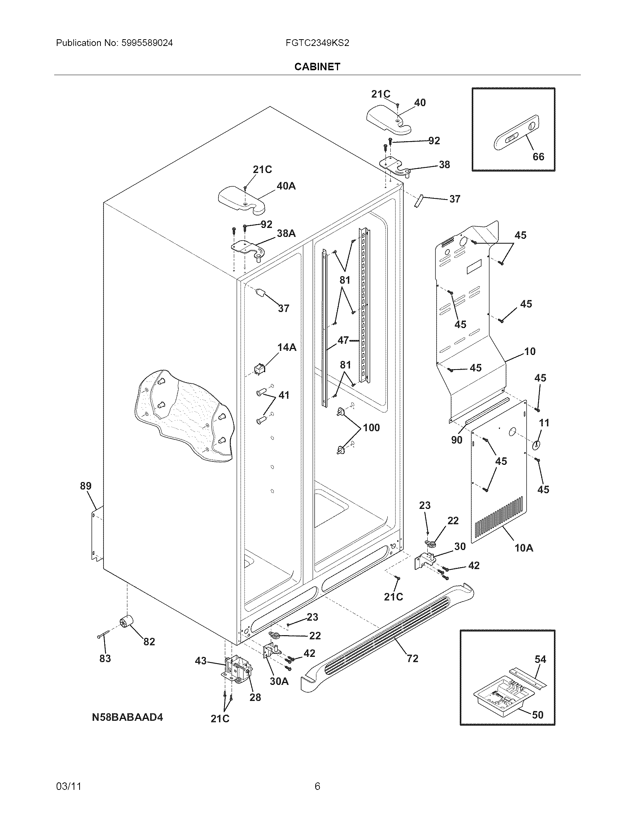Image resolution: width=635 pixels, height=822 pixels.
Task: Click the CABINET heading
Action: click(x=317, y=67)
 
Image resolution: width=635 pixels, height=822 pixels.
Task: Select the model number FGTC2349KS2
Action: click(x=317, y=43)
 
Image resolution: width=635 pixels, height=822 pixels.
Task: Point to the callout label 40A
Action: click(x=286, y=186)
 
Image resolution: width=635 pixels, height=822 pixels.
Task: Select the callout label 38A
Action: click(x=286, y=234)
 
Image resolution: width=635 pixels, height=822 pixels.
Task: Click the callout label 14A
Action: click(x=286, y=347)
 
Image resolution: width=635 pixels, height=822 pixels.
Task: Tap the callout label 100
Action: click(x=371, y=427)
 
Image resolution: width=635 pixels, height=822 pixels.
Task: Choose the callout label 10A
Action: click(x=524, y=548)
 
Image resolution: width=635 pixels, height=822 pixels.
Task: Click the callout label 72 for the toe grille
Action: click(x=412, y=658)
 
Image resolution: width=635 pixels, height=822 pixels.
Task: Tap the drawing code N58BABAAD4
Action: click(x=127, y=717)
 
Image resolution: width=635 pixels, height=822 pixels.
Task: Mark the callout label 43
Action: click(x=201, y=661)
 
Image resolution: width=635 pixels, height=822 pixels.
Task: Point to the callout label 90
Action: click(x=456, y=440)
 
